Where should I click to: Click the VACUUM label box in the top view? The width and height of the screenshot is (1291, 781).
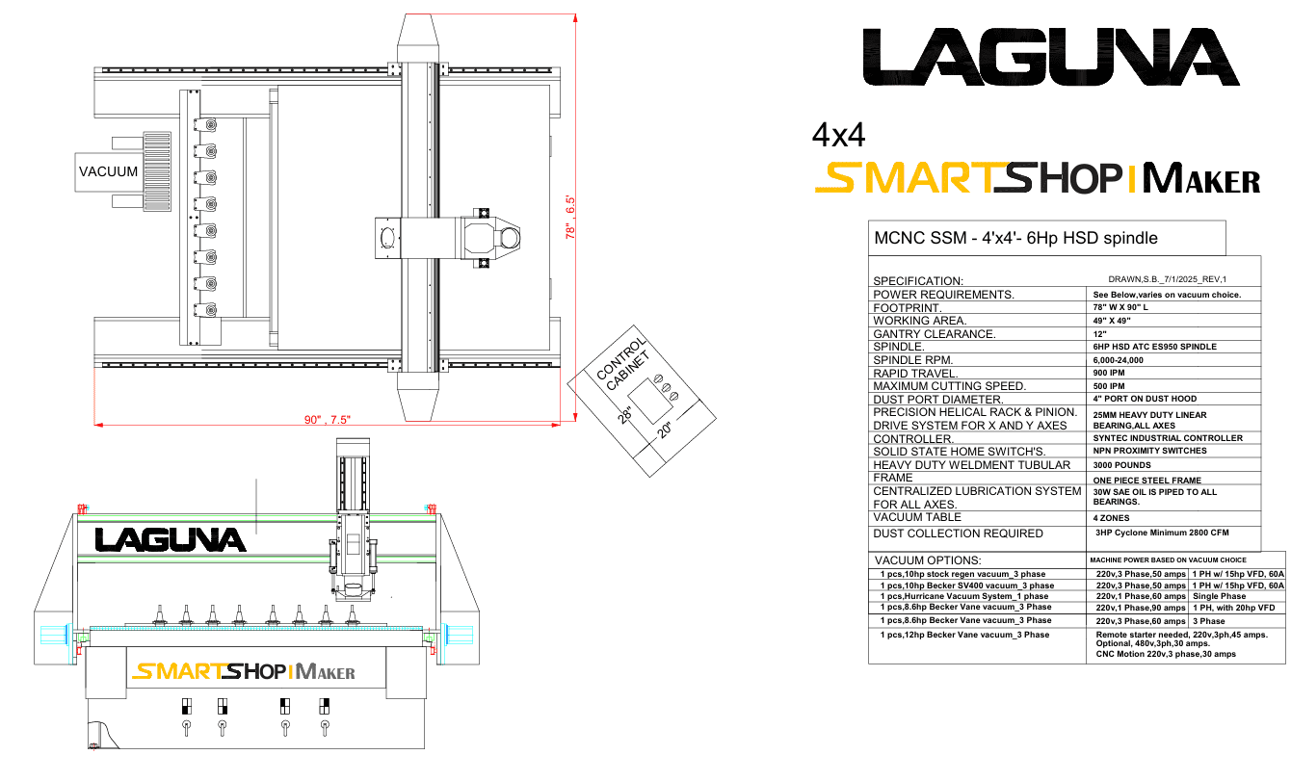point(109,171)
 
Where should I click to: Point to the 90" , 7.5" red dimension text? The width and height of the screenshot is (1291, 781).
point(328,419)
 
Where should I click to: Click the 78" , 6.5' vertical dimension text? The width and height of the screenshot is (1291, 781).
point(570,217)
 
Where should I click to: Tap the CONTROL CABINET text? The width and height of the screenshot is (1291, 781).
point(623,364)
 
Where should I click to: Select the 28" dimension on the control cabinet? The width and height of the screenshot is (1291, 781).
point(624,415)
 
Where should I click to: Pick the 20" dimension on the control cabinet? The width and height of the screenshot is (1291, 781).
point(665,430)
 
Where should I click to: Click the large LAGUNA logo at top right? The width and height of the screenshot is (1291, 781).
point(1051,57)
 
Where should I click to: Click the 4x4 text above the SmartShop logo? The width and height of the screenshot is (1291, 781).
point(838,136)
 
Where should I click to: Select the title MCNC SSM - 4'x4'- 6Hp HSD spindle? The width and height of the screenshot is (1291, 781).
point(1015,238)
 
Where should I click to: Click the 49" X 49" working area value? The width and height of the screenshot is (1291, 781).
point(1112,321)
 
